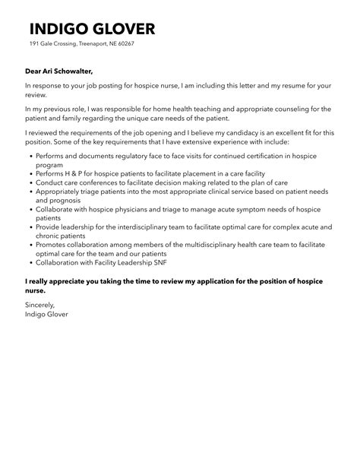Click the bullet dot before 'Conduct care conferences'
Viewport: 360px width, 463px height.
click(x=28, y=182)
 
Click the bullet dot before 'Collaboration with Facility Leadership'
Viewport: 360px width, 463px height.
click(x=28, y=264)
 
